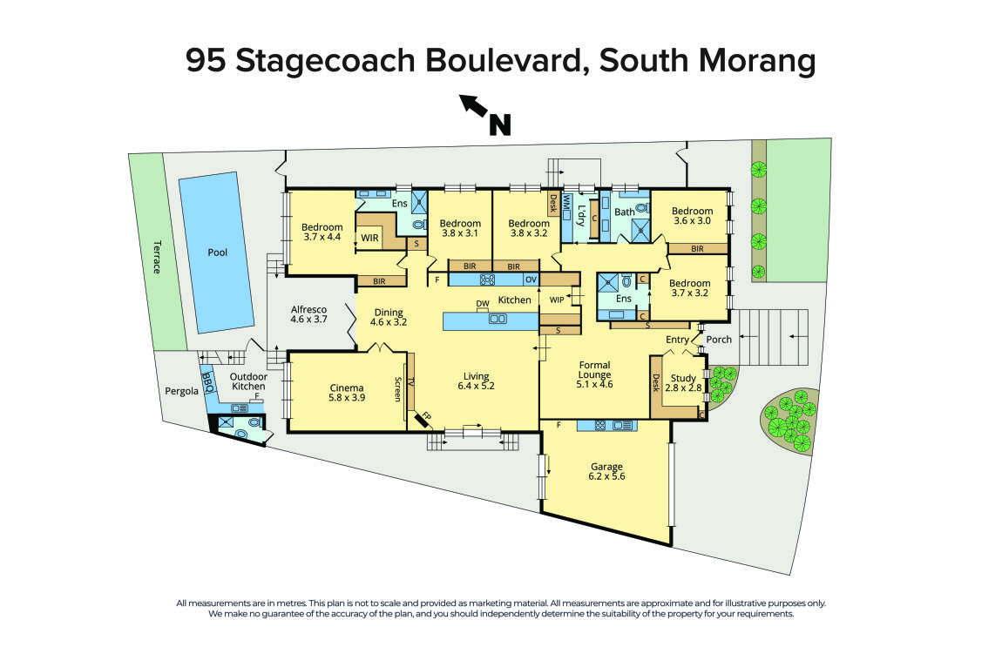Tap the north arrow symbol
[x=484, y=116]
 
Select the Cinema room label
[x=347, y=388]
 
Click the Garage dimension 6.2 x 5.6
[x=606, y=477]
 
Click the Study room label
[x=683, y=379]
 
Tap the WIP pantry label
[x=557, y=300]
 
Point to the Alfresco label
[x=308, y=309]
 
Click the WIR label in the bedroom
[x=369, y=237]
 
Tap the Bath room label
[x=625, y=212]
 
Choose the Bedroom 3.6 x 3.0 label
[x=692, y=211]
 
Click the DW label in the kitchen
[x=482, y=304]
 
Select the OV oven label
[x=530, y=280]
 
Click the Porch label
[x=719, y=340]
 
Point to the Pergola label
[x=182, y=391]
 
